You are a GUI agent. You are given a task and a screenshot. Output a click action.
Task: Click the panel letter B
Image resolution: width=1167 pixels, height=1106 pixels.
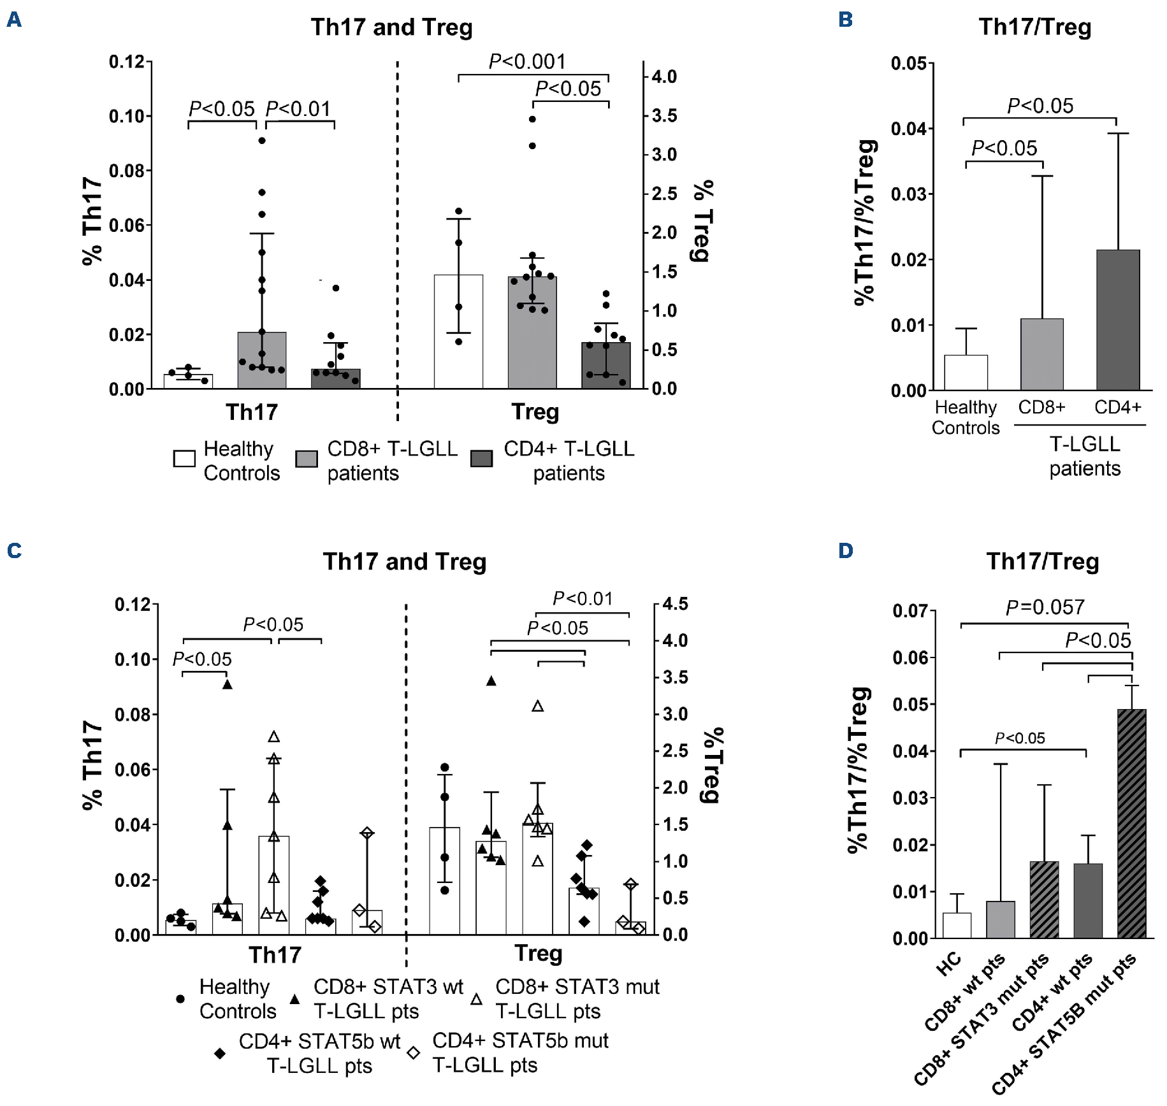point(846,20)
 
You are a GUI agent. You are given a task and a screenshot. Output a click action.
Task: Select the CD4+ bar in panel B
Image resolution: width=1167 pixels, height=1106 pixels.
point(1117,319)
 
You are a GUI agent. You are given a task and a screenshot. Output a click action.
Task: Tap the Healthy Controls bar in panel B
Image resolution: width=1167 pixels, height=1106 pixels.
point(966,372)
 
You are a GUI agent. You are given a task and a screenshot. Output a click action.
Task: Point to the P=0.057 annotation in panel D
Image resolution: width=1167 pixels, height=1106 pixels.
point(1045,607)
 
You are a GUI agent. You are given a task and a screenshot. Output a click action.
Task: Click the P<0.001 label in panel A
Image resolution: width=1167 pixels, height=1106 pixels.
point(527,61)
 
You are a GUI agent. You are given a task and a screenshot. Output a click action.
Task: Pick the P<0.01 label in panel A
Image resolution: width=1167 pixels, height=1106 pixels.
point(298,109)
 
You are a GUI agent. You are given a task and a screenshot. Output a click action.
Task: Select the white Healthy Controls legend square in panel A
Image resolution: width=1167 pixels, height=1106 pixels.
point(184,459)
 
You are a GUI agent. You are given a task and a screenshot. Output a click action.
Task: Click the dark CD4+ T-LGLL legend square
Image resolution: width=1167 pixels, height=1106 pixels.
point(481,459)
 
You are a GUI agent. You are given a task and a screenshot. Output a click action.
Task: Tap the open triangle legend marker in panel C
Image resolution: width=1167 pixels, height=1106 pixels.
point(476,999)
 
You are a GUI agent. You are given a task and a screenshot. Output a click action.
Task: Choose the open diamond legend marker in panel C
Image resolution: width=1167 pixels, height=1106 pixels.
point(414,1053)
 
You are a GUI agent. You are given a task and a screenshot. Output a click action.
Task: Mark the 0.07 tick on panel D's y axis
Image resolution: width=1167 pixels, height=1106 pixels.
point(910,611)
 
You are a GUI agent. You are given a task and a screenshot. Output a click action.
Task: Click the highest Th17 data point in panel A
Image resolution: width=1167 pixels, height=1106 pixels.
point(262,140)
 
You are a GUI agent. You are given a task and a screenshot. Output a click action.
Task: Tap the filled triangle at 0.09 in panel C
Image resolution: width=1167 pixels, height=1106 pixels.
point(228,685)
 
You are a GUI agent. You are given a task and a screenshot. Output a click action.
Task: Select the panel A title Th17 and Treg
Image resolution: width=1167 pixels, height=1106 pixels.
point(391,27)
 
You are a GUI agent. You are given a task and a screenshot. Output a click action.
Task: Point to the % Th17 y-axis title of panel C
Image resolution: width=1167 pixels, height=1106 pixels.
point(92,765)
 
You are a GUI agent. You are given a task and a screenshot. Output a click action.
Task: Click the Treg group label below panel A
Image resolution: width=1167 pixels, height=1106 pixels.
point(535,412)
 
